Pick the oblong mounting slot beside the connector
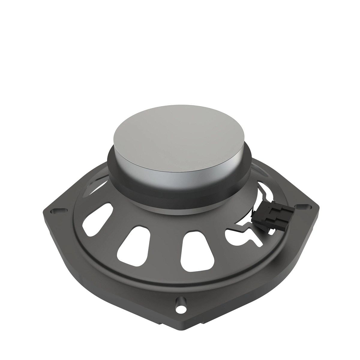(x=303, y=207)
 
